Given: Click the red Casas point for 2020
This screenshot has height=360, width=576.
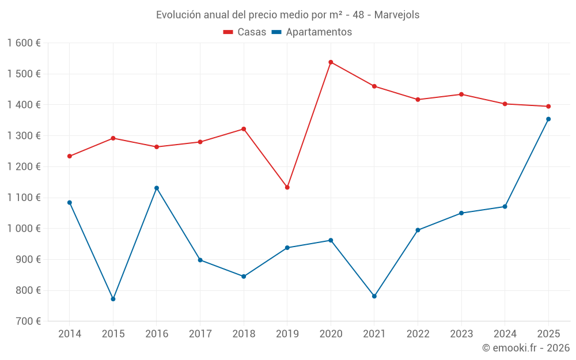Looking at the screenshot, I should point(331,62).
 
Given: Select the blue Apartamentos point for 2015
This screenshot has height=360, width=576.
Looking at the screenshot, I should point(113,299).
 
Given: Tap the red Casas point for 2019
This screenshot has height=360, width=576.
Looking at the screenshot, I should point(287,187).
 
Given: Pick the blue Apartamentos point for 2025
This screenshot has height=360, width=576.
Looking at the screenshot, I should point(548,119).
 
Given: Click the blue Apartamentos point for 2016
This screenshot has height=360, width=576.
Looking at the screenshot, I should point(157,188).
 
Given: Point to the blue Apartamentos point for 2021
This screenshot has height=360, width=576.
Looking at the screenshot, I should point(374,296).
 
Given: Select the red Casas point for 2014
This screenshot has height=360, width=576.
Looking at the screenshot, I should point(70,156).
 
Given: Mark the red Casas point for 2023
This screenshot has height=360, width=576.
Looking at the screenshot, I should point(461,94).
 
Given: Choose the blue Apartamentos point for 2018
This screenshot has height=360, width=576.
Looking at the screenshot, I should point(244,276).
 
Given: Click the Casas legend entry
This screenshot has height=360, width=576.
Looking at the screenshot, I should point(245,32).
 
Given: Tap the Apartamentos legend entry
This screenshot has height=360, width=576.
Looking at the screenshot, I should point(312,32).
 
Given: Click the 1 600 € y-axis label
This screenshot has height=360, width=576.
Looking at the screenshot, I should point(24,43).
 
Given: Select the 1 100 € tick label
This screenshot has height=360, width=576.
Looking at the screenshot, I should point(24,198).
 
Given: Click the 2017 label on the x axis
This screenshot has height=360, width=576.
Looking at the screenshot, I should point(200,334).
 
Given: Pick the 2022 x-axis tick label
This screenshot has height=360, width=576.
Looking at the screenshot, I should point(418,334).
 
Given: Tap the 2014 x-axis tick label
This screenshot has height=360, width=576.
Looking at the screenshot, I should point(70,334).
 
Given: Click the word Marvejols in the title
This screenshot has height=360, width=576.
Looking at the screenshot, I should point(396,14).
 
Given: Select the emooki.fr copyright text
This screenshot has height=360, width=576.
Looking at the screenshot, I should point(525,348).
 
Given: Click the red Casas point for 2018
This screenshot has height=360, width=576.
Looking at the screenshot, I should point(244,129).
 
